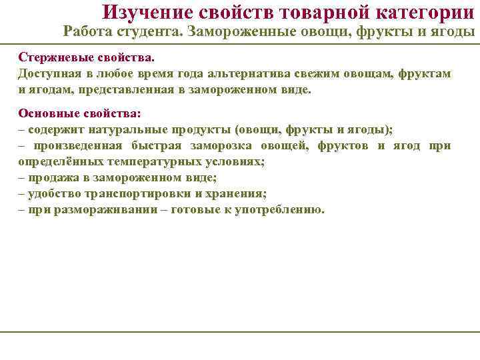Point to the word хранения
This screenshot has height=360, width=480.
pos(233,193)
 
